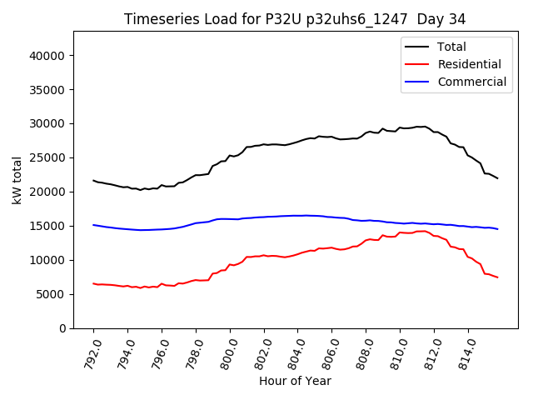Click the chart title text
coord(295,18)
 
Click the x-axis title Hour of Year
coord(295,381)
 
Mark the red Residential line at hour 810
coord(400,232)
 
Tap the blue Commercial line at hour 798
coord(196,222)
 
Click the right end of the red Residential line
coord(497,277)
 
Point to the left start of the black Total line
coord(93,180)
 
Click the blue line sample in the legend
coord(417,82)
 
